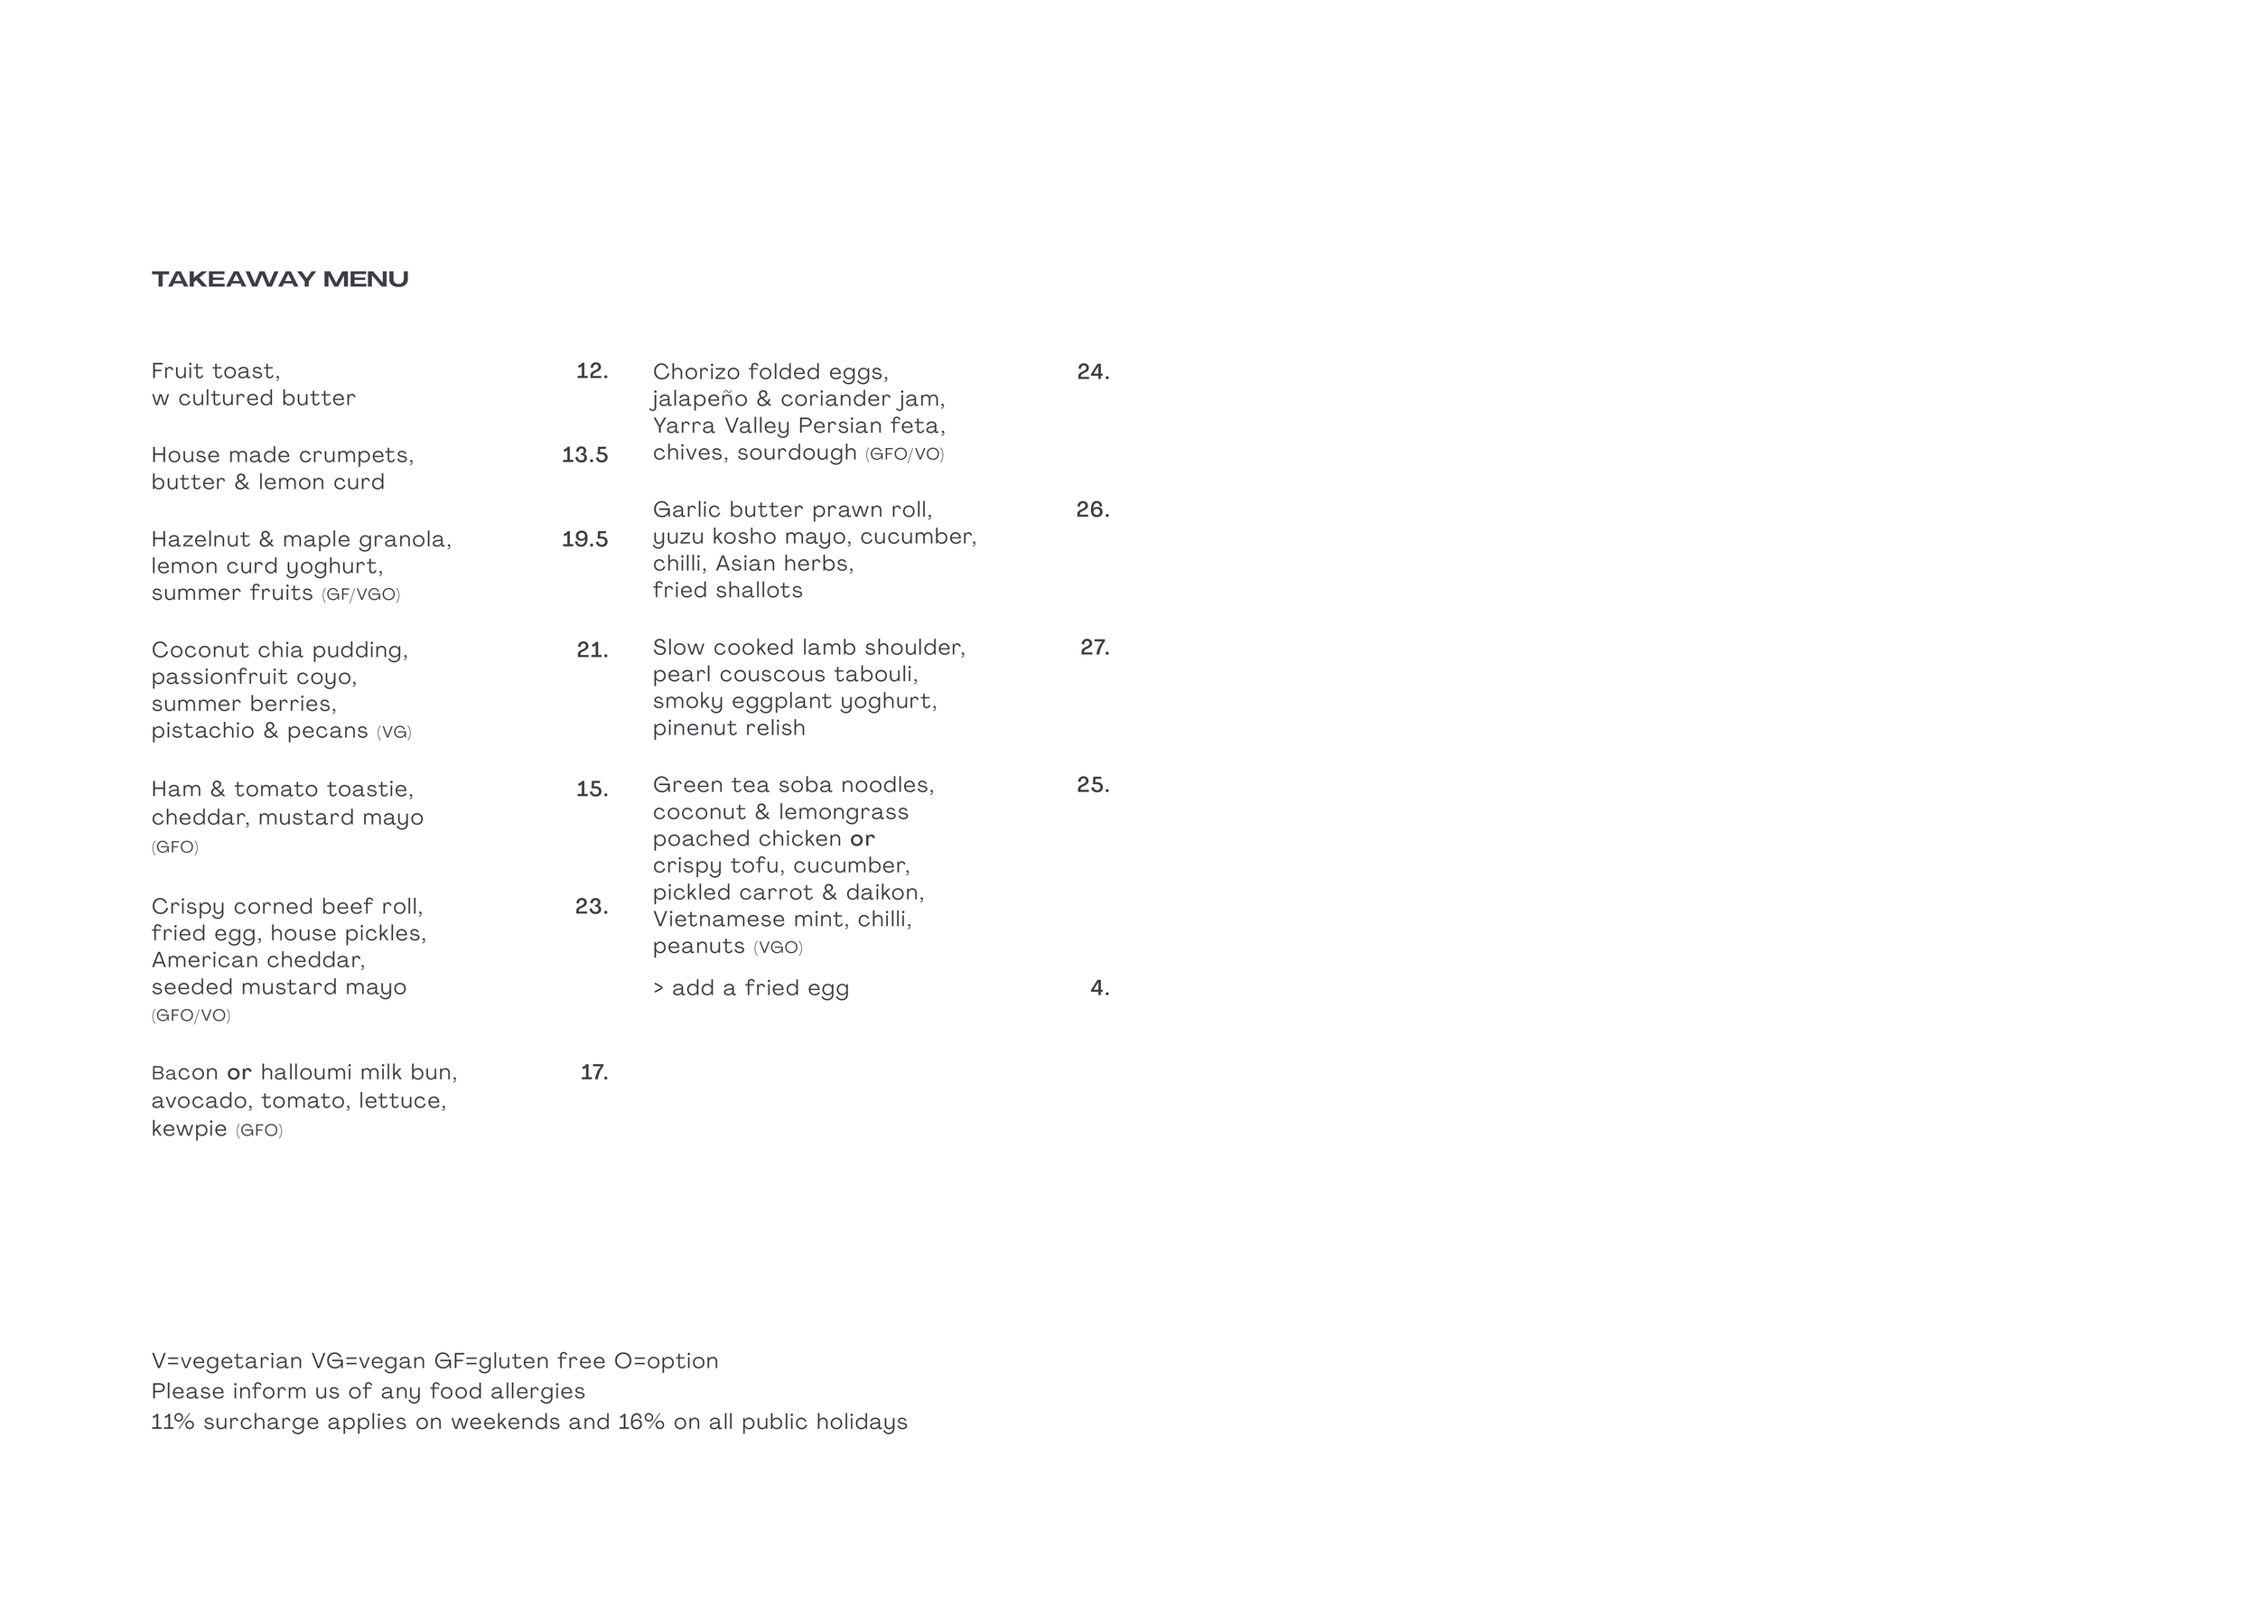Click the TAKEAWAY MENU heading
279,279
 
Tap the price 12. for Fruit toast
592,370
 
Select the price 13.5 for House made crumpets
584,454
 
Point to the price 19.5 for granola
584,539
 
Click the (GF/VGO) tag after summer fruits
361,595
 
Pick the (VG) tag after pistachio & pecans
394,733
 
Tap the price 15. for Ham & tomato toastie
592,789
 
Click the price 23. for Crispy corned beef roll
591,906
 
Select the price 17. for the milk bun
594,1072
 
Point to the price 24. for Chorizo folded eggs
1093,372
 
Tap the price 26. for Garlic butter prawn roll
1093,509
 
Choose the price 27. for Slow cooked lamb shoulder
1095,647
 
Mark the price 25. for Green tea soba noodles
1093,785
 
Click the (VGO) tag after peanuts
778,948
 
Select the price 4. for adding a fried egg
1099,988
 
